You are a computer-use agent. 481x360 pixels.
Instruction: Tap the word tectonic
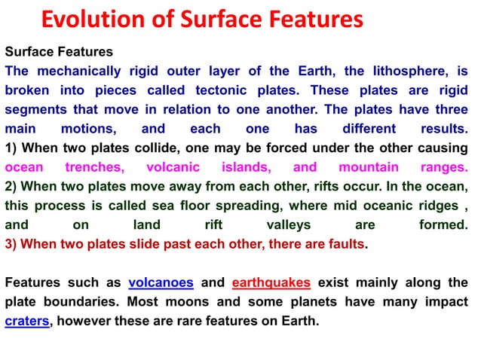(218, 90)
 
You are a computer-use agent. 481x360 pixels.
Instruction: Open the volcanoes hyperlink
(161, 283)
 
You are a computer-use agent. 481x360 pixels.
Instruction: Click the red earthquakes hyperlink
(271, 283)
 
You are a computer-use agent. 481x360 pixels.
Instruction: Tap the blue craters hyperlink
(27, 322)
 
